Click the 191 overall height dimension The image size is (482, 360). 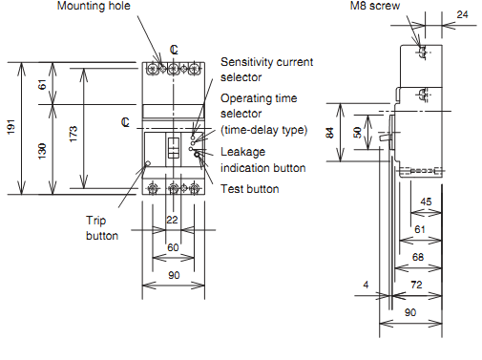pyautogui.click(x=11, y=127)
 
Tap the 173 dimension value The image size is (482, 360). pyautogui.click(x=73, y=134)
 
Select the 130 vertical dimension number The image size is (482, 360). pyautogui.click(x=42, y=151)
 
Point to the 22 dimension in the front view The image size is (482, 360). pyautogui.click(x=172, y=220)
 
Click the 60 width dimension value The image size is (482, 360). pyautogui.click(x=173, y=247)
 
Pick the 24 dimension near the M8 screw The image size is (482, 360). pyautogui.click(x=462, y=14)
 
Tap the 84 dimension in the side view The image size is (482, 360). pyautogui.click(x=330, y=133)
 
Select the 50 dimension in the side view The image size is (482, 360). pyautogui.click(x=357, y=133)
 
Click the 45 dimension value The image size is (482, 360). pyautogui.click(x=426, y=201)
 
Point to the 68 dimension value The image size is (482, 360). pyautogui.click(x=418, y=257)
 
